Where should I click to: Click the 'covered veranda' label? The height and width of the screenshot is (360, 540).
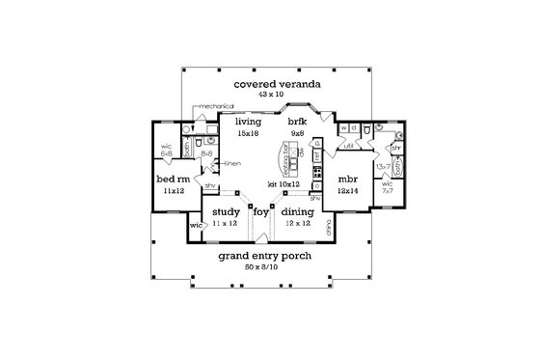(270, 84)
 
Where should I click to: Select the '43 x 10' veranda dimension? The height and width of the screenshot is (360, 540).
(270, 94)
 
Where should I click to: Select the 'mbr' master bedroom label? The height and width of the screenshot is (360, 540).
(347, 180)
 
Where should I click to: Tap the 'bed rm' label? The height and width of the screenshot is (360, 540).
(172, 180)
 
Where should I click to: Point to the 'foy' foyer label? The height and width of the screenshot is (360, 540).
(260, 210)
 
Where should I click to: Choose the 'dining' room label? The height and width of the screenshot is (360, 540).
(297, 210)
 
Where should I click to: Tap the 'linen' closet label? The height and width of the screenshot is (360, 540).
(231, 164)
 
